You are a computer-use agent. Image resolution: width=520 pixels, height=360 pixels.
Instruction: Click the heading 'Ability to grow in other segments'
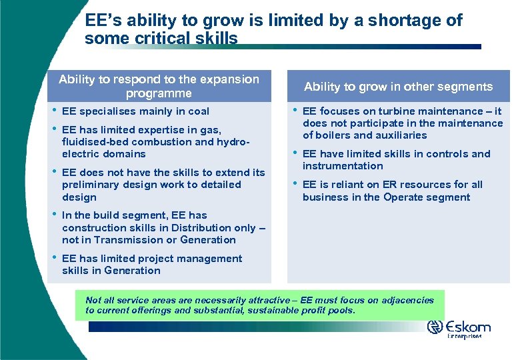coord(398,87)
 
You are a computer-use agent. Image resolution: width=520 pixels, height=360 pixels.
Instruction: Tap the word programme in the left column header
coord(159,93)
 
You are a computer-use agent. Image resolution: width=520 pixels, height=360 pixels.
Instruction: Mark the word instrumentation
coord(343,166)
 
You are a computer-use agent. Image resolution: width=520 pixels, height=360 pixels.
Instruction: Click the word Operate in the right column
coord(403,197)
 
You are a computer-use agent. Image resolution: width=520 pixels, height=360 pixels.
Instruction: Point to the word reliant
coord(343,185)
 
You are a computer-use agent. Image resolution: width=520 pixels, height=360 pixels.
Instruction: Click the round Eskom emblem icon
coord(435,327)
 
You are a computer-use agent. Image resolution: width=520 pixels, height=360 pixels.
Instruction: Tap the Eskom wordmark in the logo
coord(469,327)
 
